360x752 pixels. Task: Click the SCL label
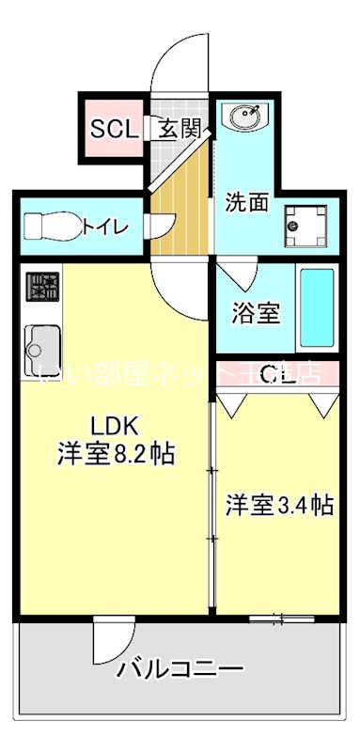click(114, 129)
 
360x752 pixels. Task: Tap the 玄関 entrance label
click(178, 129)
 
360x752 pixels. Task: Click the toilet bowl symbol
click(51, 227)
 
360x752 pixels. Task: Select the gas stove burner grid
click(43, 286)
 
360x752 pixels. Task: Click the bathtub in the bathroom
click(317, 307)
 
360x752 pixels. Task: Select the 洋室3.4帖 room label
click(278, 505)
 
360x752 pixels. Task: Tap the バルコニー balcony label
click(180, 670)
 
